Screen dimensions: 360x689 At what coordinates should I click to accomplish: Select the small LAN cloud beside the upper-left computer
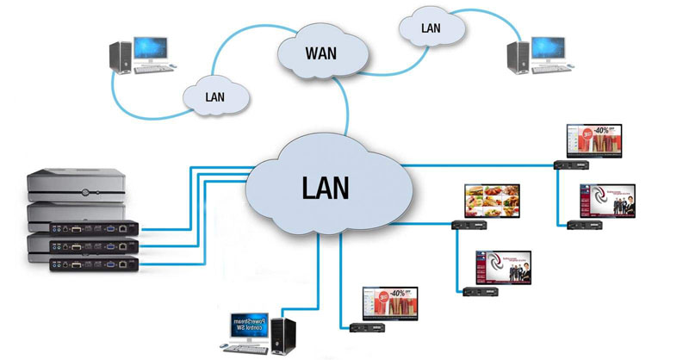pyautogui.click(x=214, y=96)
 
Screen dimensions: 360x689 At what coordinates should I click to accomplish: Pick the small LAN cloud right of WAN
pyautogui.click(x=431, y=28)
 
